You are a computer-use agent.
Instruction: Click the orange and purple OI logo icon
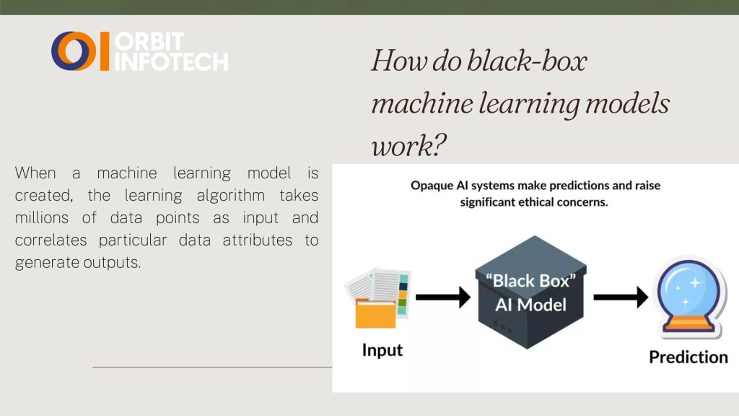pos(80,51)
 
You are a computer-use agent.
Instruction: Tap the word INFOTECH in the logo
pos(172,61)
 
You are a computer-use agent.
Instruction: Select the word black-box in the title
pos(527,61)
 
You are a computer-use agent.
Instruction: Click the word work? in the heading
pos(408,146)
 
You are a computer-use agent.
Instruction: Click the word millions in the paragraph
pos(41,218)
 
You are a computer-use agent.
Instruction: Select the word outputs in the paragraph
pos(108,263)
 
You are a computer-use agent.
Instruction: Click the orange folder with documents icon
pos(377,298)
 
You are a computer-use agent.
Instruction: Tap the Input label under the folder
pos(382,350)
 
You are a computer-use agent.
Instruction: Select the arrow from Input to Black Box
pos(442,297)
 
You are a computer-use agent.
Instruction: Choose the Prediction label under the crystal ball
pos(688,357)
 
